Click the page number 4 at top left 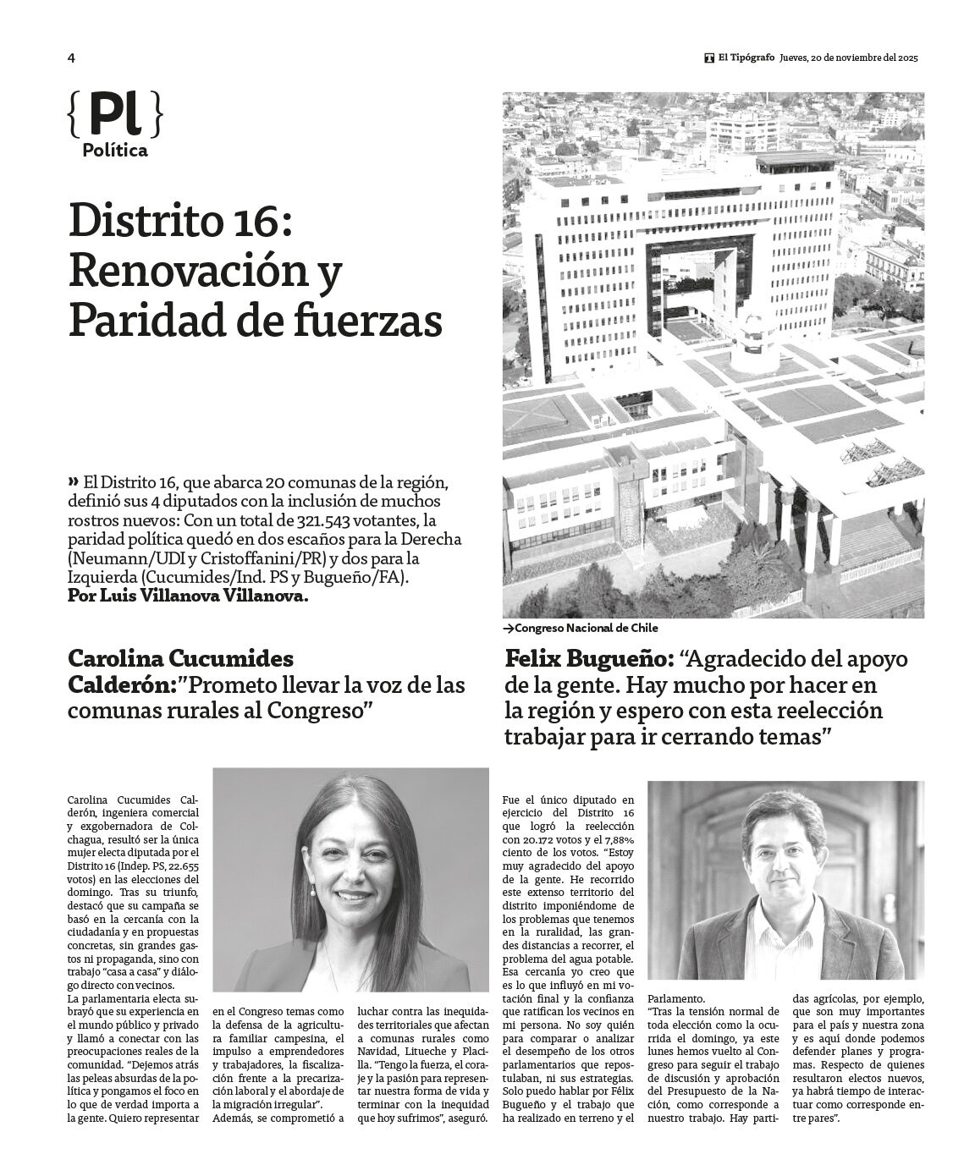tap(72, 58)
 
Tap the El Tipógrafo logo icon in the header tap(708, 58)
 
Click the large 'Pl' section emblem tap(114, 115)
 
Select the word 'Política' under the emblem tap(115, 151)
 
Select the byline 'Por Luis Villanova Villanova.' tap(188, 596)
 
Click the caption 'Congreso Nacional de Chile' tap(586, 629)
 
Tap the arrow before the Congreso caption tap(508, 629)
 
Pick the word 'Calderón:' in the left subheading tap(122, 684)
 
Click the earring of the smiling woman tap(312, 890)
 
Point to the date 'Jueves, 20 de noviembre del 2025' tap(849, 58)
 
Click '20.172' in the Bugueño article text tap(536, 841)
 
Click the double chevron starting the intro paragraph tap(73, 481)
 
